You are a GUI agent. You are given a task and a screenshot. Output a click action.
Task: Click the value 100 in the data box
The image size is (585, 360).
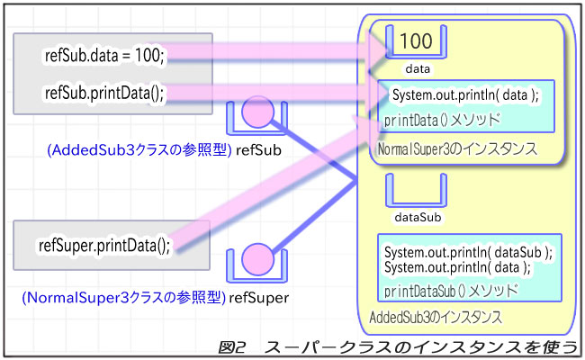click(x=417, y=40)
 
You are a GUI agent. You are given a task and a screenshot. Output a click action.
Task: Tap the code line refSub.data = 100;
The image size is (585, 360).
click(x=103, y=56)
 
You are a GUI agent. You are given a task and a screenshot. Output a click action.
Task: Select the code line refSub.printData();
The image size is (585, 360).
click(x=103, y=93)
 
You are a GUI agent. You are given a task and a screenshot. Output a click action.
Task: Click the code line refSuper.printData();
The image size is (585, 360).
click(x=103, y=245)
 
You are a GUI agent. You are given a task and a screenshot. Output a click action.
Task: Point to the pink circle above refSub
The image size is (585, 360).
click(x=256, y=113)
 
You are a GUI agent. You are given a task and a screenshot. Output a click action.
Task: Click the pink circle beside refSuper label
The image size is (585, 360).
click(x=256, y=260)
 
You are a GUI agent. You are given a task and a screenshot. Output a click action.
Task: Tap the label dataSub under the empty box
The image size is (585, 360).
click(x=417, y=217)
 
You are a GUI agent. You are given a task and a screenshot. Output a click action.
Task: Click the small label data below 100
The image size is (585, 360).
click(x=417, y=67)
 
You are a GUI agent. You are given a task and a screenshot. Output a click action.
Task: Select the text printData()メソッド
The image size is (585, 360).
click(x=442, y=118)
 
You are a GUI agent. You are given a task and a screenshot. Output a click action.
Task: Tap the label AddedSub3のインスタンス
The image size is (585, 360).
click(x=436, y=318)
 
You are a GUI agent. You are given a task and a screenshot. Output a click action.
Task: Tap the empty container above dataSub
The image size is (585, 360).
click(x=417, y=190)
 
